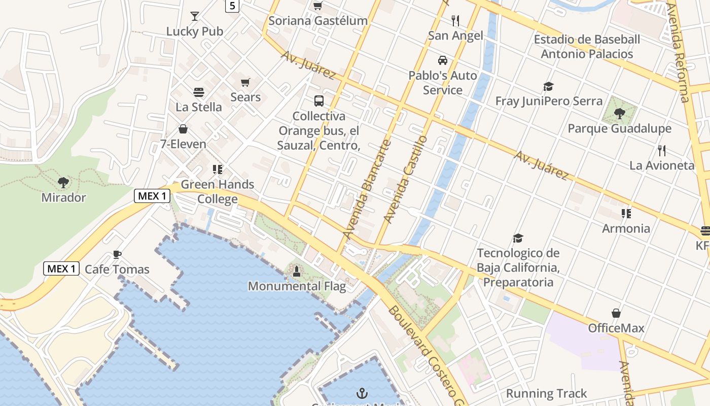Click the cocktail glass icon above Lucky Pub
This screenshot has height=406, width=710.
click(195, 16)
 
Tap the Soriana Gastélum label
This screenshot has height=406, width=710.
click(318, 21)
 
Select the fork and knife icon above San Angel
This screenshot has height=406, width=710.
click(455, 21)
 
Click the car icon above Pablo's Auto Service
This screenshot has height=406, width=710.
click(443, 60)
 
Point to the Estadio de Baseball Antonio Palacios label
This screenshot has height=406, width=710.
click(587, 47)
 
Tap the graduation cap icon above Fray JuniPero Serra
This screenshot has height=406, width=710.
click(548, 86)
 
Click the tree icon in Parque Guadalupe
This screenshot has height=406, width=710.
click(619, 113)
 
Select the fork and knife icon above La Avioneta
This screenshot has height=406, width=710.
click(661, 151)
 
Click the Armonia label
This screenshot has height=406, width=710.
click(626, 228)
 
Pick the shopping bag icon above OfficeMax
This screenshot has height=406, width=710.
click(616, 313)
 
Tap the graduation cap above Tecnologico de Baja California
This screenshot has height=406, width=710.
click(518, 238)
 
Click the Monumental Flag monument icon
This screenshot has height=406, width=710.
click(297, 272)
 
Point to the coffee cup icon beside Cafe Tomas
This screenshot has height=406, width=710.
click(117, 254)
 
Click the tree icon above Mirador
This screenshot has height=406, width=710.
click(63, 182)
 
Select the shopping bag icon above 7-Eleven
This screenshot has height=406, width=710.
click(183, 129)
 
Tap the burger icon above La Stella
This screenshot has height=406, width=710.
click(199, 92)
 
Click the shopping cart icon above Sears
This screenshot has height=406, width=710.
click(245, 82)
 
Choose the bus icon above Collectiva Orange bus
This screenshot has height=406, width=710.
click(319, 101)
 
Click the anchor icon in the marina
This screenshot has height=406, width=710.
click(362, 393)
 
